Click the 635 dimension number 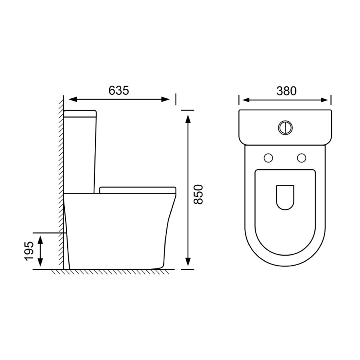(x=119, y=90)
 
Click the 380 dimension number (x=286, y=91)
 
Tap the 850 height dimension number (x=198, y=194)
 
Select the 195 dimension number (x=29, y=251)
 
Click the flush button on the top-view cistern (x=285, y=127)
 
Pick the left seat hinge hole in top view (x=268, y=158)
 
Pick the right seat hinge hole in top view (x=302, y=158)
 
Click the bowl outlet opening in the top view (x=285, y=198)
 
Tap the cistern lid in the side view (x=80, y=114)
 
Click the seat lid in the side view (x=138, y=190)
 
